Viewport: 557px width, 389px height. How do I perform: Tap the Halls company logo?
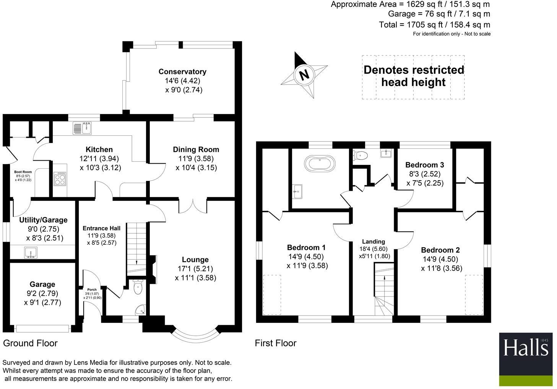(x=526, y=359)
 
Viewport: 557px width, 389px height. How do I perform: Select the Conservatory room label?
(x=182, y=72)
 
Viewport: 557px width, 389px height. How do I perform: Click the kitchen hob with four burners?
(x=60, y=179)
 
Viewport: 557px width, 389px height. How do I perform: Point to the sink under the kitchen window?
(x=83, y=128)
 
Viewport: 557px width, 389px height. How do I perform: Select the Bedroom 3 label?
(x=425, y=165)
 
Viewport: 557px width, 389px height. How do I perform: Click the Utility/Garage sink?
(x=31, y=252)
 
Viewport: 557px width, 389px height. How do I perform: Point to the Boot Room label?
(x=23, y=172)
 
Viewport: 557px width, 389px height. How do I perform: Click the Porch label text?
(x=92, y=290)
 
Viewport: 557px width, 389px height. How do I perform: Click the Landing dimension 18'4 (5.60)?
(x=373, y=249)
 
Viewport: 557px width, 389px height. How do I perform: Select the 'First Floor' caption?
(x=276, y=343)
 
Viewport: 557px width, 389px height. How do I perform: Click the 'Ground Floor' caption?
(x=30, y=343)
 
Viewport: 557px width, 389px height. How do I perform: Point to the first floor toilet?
(x=360, y=156)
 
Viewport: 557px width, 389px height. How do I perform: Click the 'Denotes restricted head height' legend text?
(x=414, y=76)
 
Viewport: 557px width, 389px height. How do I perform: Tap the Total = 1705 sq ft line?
(x=434, y=25)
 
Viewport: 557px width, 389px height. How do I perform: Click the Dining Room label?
(x=196, y=150)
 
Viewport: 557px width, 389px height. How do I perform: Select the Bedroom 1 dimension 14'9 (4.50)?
(x=306, y=256)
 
